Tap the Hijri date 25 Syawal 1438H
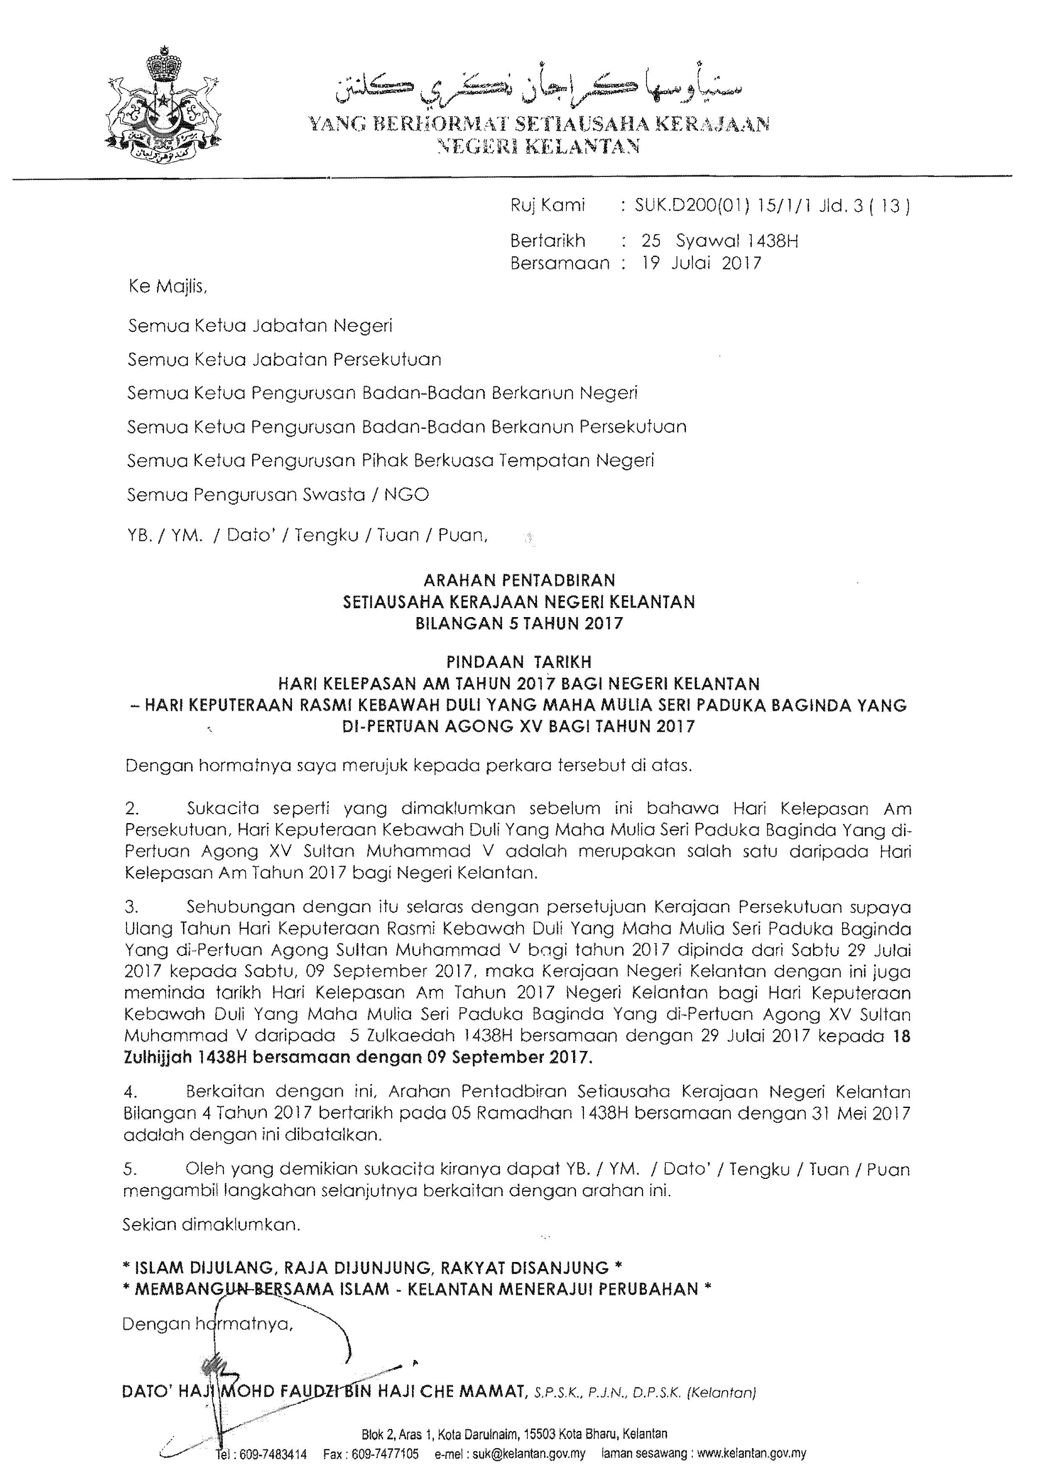point(720,241)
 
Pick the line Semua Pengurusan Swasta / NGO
point(278,495)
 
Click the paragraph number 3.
point(131,907)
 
